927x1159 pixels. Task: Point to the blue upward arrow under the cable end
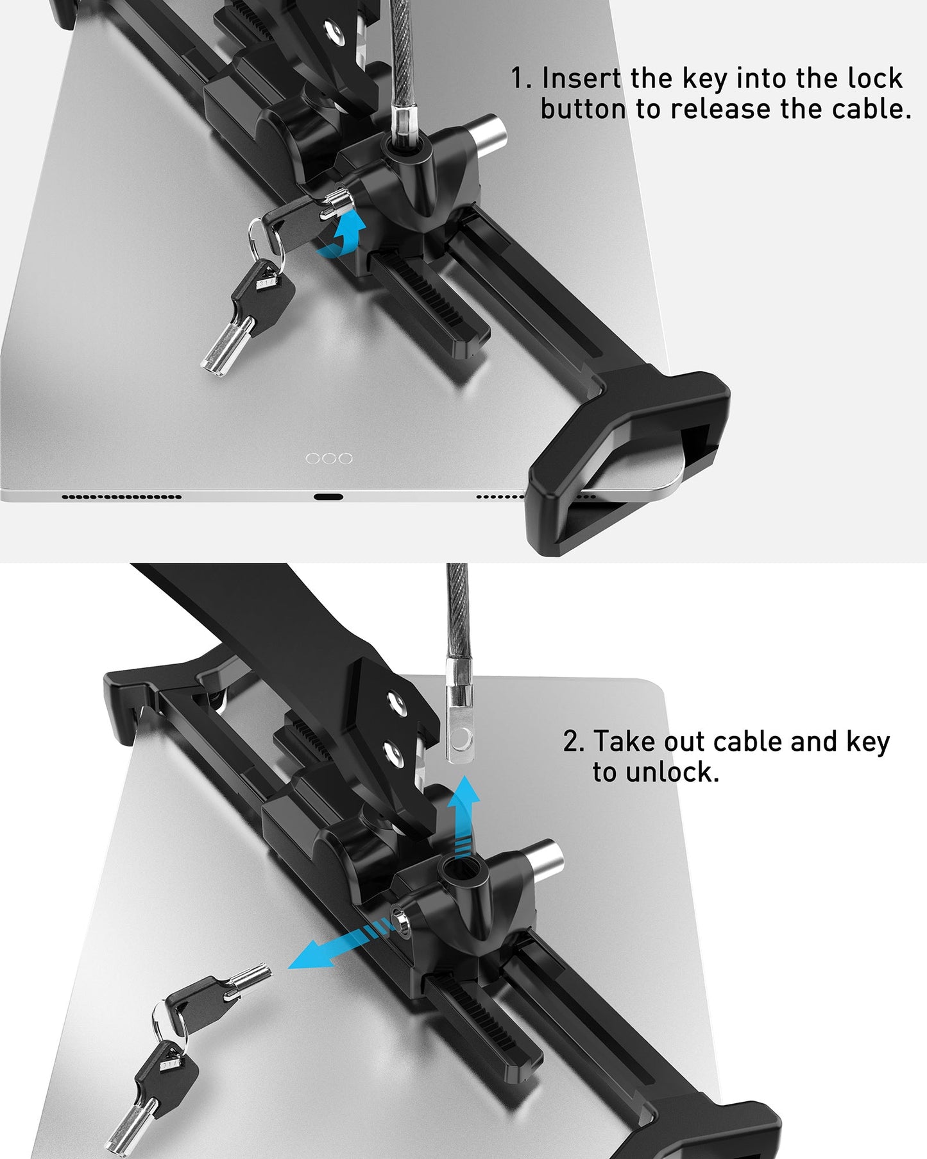click(463, 815)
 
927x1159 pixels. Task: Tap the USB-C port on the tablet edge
click(328, 497)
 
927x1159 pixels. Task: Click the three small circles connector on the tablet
click(329, 458)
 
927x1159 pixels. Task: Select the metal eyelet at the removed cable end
click(461, 741)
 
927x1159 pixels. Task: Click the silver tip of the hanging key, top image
click(219, 354)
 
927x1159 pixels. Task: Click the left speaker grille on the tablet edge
click(121, 497)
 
